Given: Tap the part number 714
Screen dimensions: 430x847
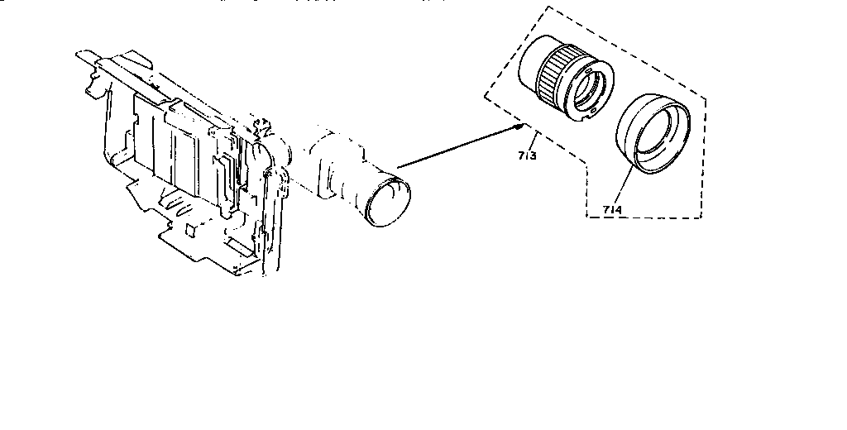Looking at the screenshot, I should (x=613, y=210).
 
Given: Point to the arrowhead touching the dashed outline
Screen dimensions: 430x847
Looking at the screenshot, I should (x=519, y=126).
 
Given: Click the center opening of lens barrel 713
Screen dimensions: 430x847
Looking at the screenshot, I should (x=591, y=93).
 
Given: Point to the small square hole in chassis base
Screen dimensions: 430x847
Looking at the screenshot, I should (x=190, y=226).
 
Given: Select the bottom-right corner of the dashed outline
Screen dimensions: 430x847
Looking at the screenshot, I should (x=702, y=218).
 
